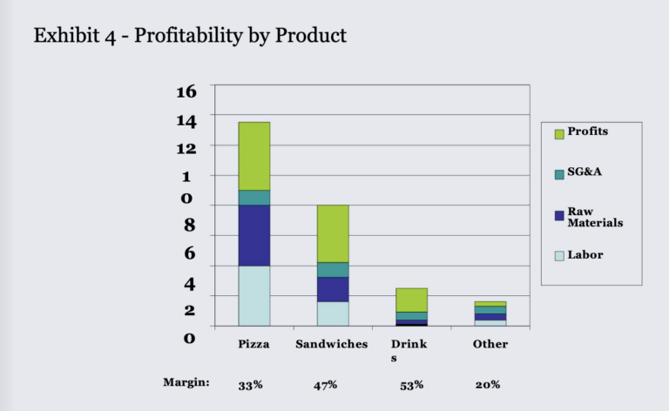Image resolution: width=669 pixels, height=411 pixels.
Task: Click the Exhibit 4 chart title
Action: (190, 36)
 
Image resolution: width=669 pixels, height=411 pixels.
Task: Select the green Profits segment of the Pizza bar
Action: (253, 156)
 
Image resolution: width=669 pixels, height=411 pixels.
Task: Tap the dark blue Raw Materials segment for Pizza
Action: (253, 235)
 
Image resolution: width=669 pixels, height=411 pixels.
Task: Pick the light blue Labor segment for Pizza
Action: (253, 295)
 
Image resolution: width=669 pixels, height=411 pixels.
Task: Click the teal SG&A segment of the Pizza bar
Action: (253, 198)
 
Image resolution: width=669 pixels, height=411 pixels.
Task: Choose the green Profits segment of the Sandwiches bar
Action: (333, 233)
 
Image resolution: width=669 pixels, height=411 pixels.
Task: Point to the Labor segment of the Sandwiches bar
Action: (333, 313)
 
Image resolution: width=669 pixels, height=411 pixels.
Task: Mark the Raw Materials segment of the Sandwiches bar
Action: (333, 289)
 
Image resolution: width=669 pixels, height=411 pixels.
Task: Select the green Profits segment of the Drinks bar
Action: (411, 300)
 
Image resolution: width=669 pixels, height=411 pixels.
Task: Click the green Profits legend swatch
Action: (559, 134)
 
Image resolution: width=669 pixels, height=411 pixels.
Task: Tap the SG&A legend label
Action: (585, 172)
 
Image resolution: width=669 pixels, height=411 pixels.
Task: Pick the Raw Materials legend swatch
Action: (559, 215)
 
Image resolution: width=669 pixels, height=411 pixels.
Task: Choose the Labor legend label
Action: (585, 255)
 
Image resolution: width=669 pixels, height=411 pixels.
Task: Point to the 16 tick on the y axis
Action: (186, 91)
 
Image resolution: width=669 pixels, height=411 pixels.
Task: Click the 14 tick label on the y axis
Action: (186, 119)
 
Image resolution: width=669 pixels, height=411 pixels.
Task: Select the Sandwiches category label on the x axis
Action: (331, 344)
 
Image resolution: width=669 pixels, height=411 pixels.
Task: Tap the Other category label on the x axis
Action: (490, 344)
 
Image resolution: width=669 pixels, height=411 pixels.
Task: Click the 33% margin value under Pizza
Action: (252, 384)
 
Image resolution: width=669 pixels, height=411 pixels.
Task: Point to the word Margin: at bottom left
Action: (186, 382)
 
